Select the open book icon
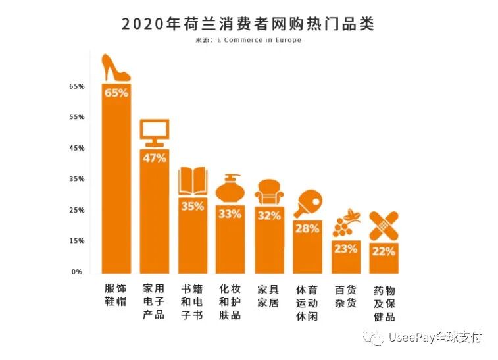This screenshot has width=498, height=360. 193,180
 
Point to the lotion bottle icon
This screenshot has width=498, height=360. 231,189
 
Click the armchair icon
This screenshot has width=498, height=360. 269,193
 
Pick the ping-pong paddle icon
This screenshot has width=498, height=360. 307,203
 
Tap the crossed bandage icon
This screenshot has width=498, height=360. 384,226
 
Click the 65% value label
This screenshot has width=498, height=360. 116,93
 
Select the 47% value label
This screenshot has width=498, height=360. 155,158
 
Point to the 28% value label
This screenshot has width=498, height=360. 307,228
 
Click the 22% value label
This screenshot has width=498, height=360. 384,251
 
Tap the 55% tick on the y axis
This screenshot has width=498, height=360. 77,117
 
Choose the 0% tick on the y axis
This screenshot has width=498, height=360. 78,272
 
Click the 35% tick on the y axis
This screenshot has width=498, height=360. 77,179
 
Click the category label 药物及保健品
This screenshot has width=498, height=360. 384,303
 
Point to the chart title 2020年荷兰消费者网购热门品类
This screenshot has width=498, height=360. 247,24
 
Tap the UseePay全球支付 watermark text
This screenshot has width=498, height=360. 434,338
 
